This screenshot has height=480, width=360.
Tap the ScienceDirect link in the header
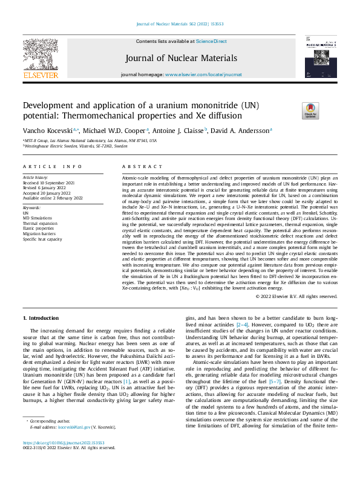click(211, 41)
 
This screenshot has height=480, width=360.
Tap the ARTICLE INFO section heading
click(53, 166)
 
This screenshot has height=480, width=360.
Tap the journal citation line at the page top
click(180, 25)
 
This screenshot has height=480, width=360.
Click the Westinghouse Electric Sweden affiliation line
click(76, 146)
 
